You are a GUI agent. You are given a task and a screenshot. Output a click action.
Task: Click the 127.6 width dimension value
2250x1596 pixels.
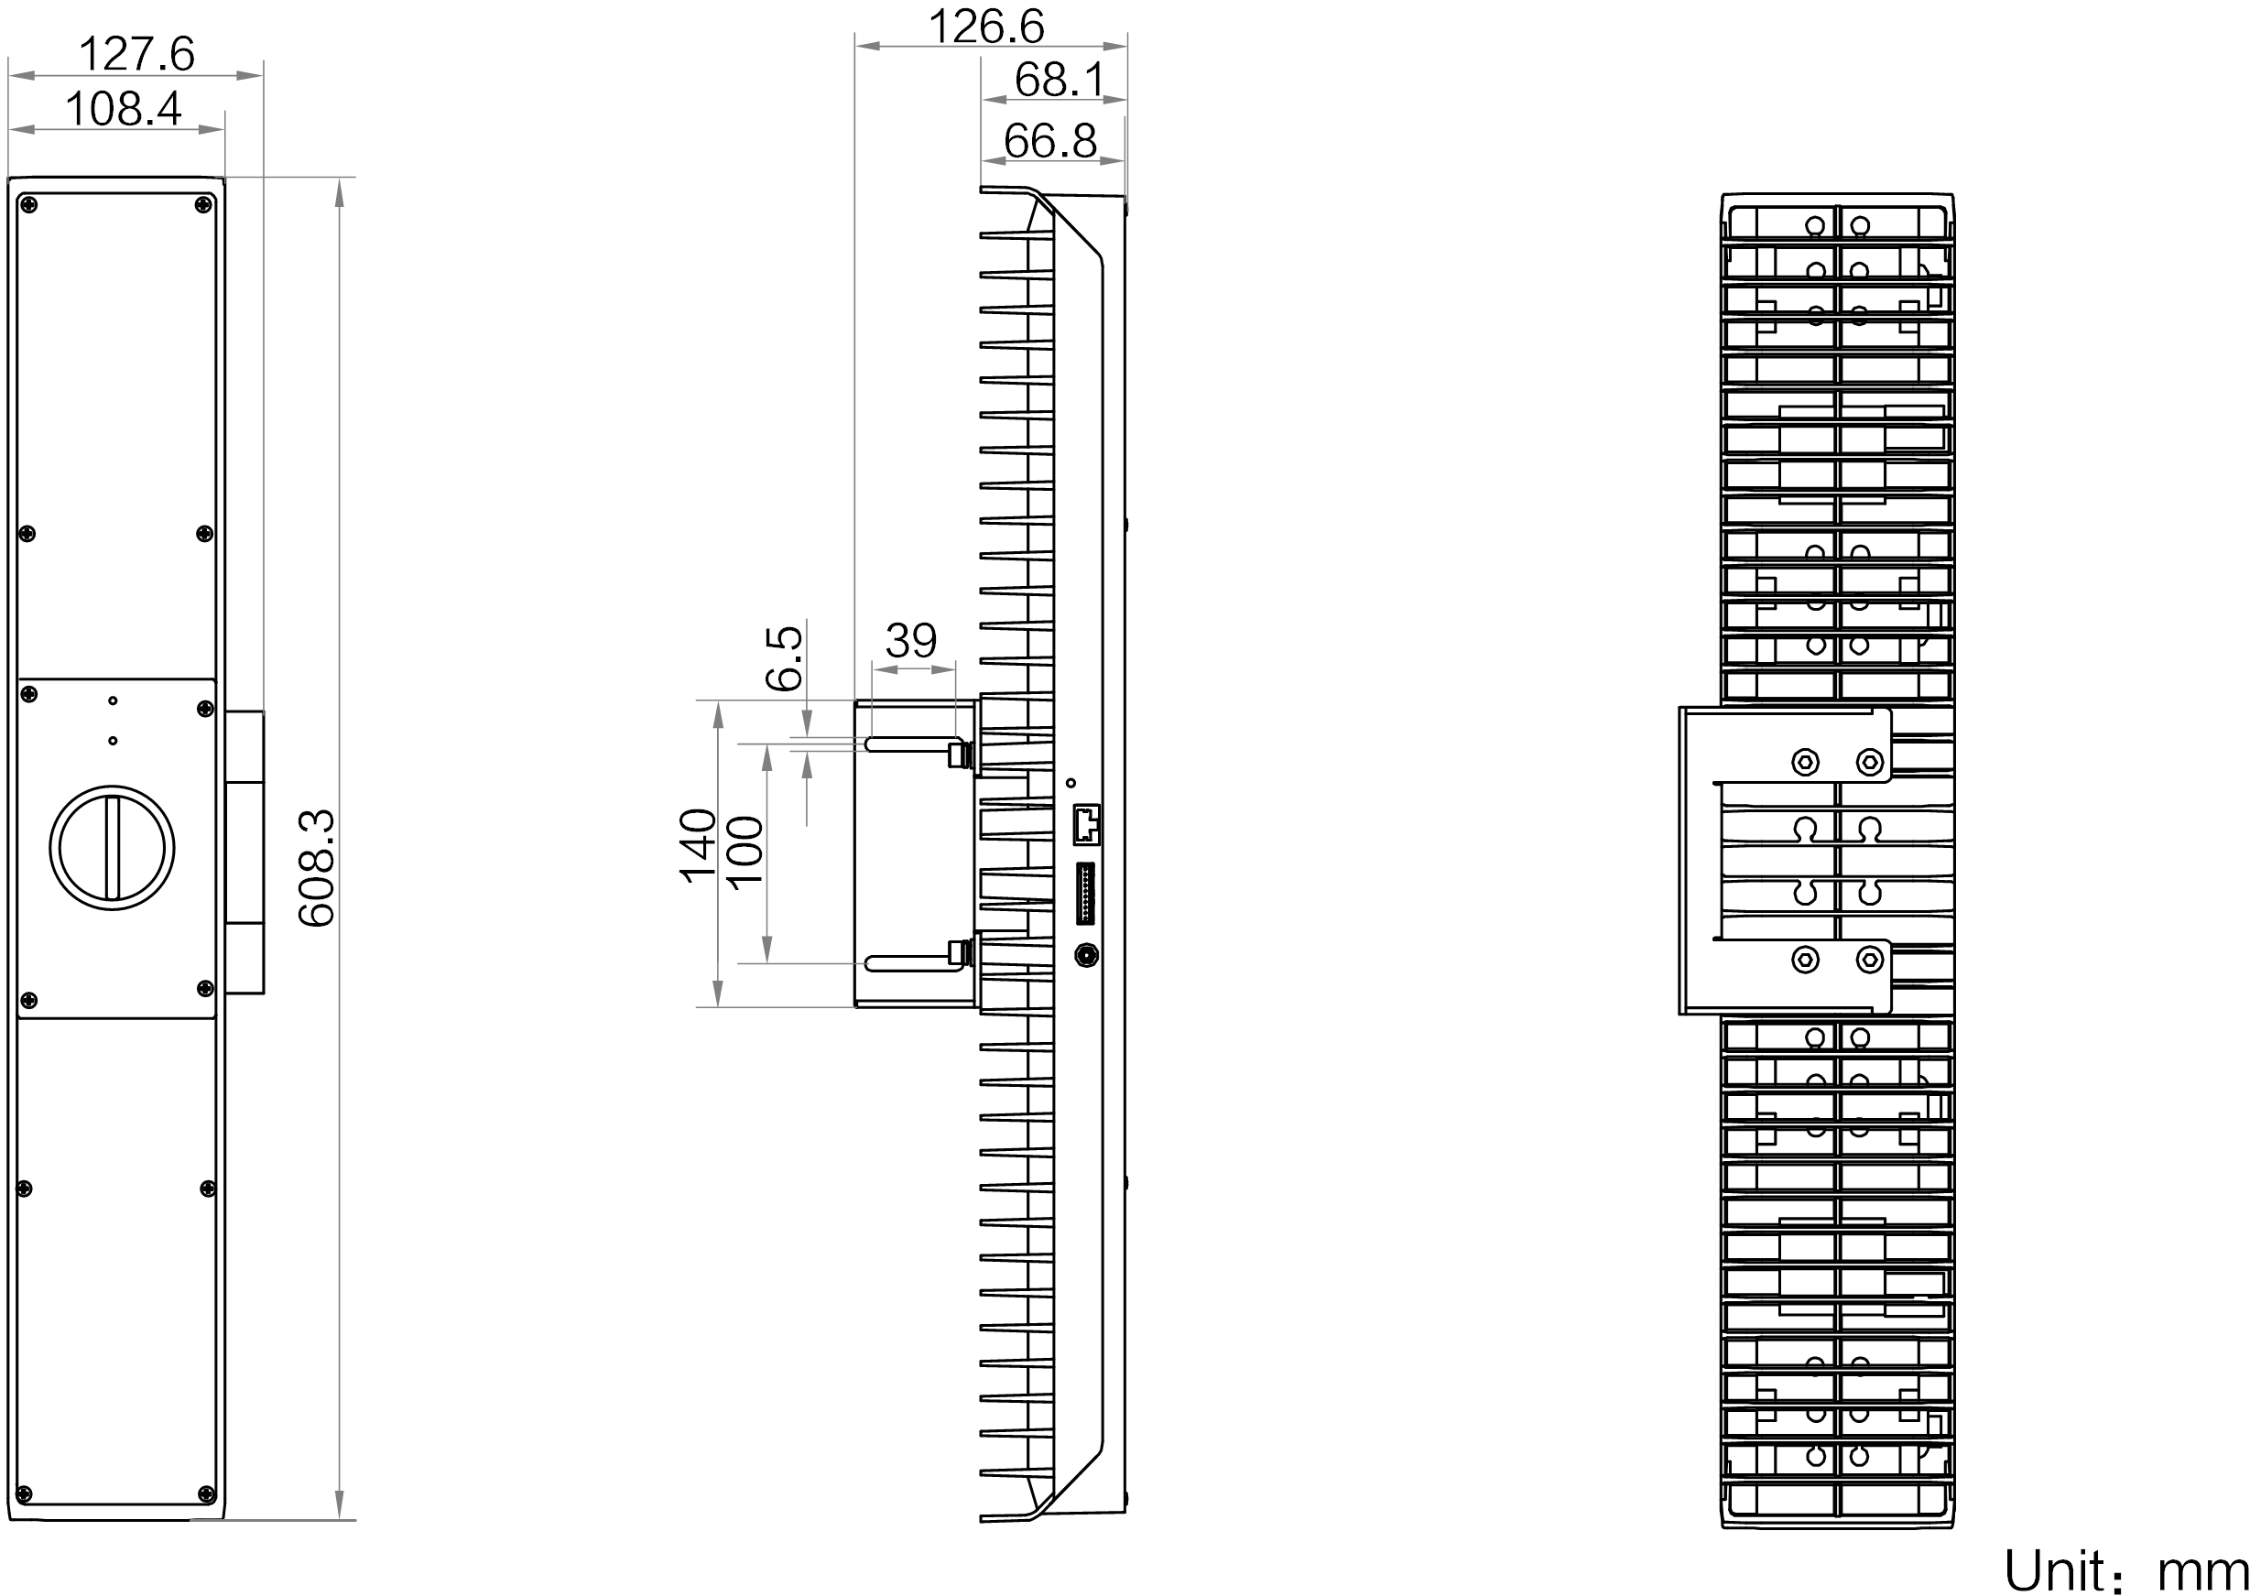coord(136,55)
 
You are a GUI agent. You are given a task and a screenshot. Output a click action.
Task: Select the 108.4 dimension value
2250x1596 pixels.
coord(122,109)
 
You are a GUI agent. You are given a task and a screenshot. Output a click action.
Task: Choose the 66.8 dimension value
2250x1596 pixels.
coord(1049,143)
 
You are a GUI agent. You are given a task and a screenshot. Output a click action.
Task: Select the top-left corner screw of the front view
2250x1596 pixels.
coord(29,204)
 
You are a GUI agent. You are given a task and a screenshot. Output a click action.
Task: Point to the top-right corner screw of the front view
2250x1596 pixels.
coord(204,204)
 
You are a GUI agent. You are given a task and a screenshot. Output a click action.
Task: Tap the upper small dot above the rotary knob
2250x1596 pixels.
coord(114,700)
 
